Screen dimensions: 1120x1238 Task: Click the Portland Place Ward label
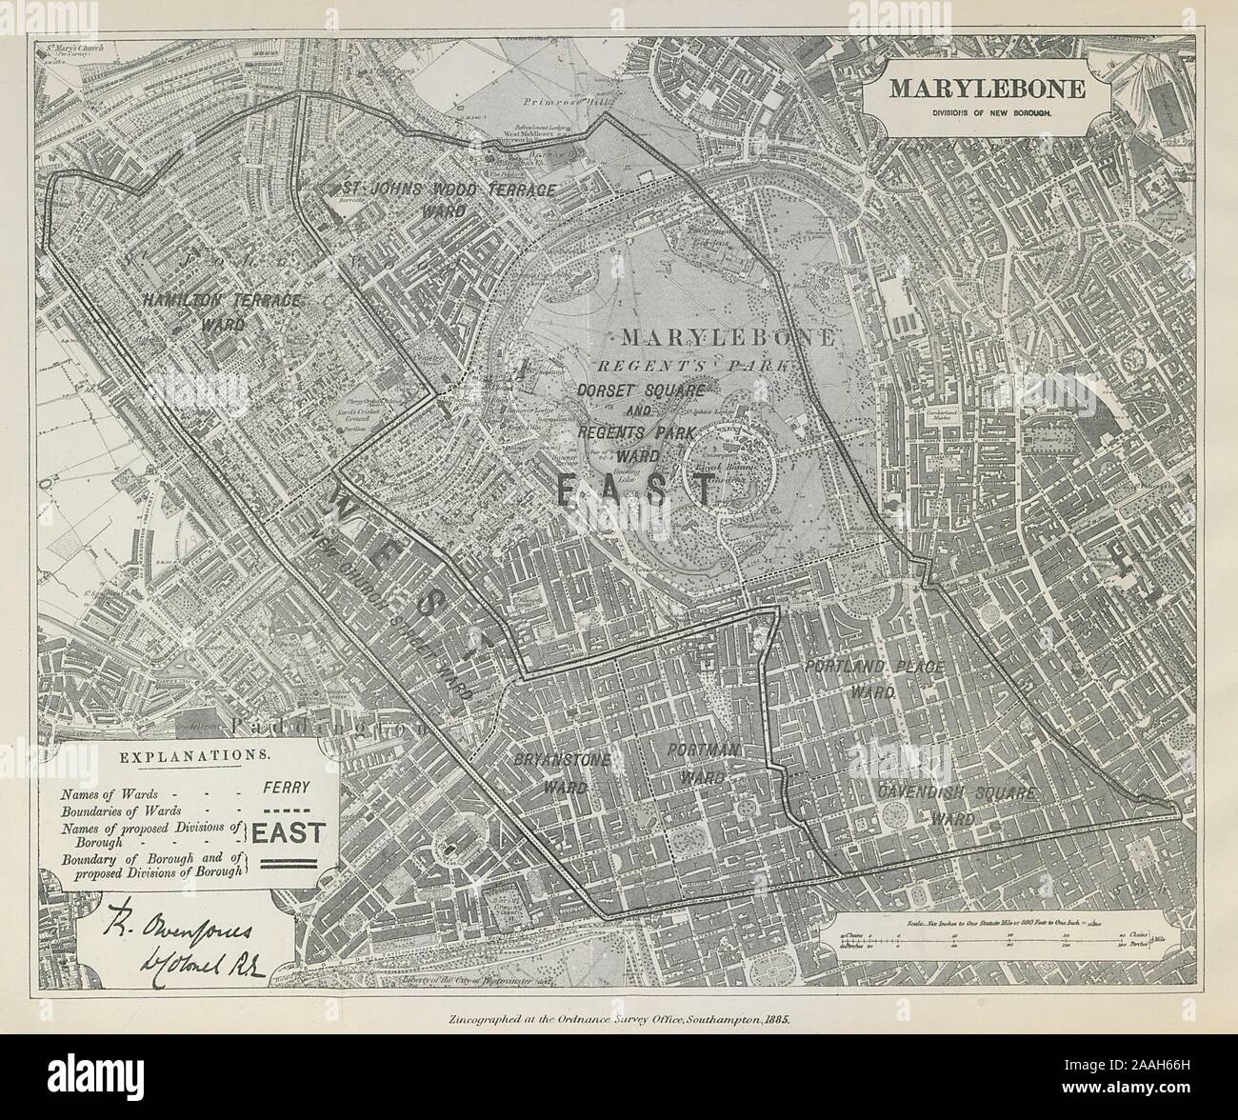click(x=874, y=678)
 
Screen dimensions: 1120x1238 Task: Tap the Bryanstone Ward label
click(x=561, y=772)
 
